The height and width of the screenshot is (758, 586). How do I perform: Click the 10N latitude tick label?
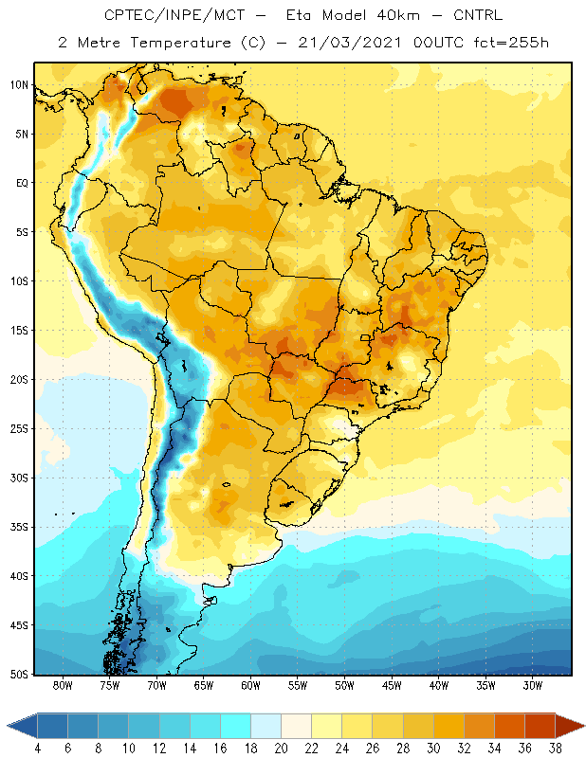point(19,85)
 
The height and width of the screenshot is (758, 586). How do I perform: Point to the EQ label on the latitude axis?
point(22,183)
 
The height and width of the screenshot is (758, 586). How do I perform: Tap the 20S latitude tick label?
point(19,380)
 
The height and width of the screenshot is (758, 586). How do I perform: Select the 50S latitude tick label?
point(19,674)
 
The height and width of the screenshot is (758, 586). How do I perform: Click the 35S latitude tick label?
point(19,527)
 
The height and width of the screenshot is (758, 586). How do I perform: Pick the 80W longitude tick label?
point(63,685)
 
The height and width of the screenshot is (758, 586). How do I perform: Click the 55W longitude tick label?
point(298,685)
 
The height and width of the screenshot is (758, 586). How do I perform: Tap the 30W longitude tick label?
point(533,685)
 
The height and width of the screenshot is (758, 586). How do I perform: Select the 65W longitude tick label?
point(204,685)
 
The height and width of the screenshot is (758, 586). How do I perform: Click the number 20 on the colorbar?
point(281,749)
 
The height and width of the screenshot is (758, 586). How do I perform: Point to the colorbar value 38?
point(556,749)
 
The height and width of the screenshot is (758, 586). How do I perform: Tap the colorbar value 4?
point(38,749)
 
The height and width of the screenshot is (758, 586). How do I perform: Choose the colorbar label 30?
point(433,749)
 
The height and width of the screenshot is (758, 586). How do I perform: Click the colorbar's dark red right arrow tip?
point(584,726)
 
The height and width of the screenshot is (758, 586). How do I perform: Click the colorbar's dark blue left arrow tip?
point(8,726)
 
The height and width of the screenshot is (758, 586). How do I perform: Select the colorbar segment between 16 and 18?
point(236,726)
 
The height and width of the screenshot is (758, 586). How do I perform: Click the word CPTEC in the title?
point(127,15)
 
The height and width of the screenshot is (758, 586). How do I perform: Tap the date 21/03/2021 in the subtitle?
point(350,43)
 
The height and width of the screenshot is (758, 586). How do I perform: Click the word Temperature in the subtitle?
point(180,43)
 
